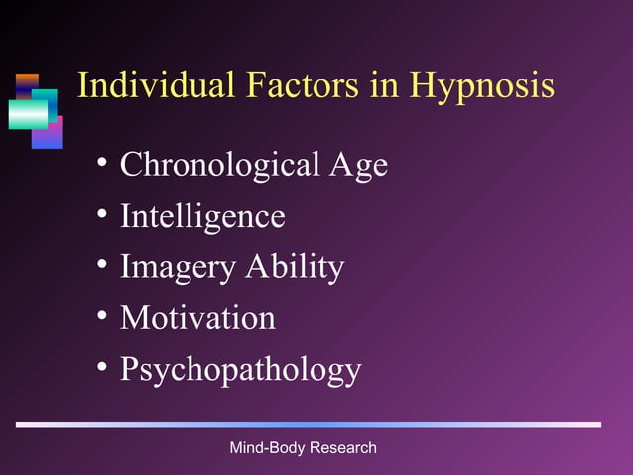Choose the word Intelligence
tap(202, 216)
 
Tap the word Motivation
tap(197, 318)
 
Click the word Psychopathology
tap(240, 371)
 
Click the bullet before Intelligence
tap(103, 215)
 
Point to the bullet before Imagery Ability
tap(103, 266)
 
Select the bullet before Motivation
tap(103, 317)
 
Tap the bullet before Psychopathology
tap(103, 369)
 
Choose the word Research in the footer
tap(343, 448)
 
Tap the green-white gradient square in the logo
tap(28, 113)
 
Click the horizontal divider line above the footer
tap(309, 425)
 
